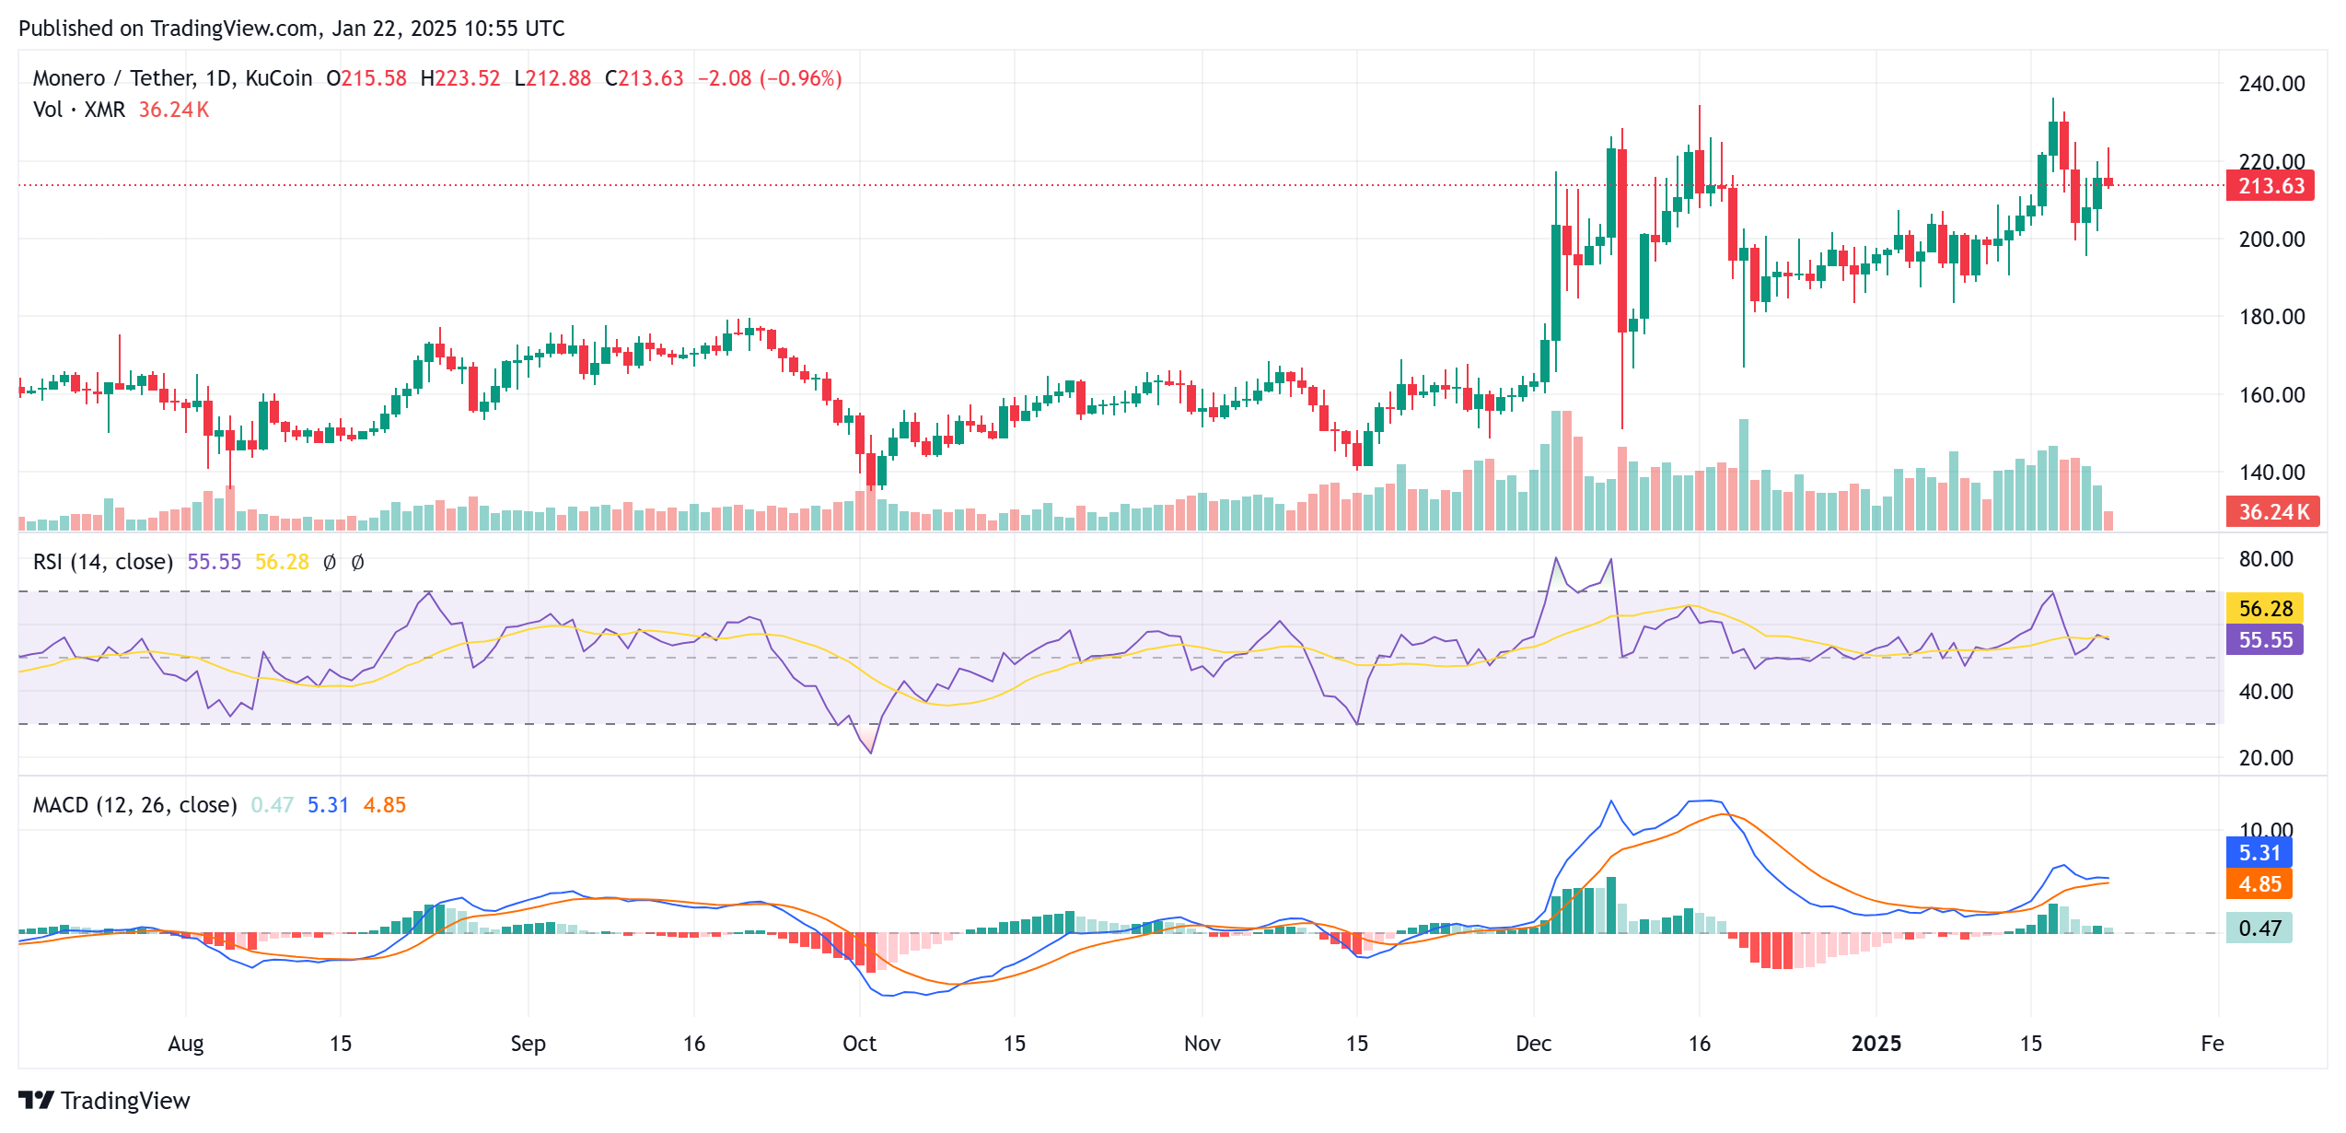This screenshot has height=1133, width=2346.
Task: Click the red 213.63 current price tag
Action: click(2270, 186)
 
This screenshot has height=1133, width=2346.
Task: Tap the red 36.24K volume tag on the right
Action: click(2271, 511)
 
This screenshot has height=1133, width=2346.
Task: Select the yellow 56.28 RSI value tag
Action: click(2264, 608)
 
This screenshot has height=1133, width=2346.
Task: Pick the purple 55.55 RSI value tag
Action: click(2264, 639)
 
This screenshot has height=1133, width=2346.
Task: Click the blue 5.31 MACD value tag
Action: click(2259, 853)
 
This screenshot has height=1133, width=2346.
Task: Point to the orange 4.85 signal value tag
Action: click(2259, 884)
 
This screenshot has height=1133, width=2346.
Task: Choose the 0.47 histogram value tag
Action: click(2259, 928)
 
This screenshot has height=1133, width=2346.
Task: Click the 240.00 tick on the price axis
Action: click(2271, 84)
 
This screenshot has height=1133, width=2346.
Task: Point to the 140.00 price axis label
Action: click(2271, 473)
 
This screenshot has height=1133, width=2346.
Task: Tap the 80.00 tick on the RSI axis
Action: click(2265, 559)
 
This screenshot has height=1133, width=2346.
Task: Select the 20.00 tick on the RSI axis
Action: click(2265, 758)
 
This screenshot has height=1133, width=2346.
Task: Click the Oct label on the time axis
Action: click(859, 1044)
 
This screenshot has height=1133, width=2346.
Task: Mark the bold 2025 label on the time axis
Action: click(1876, 1044)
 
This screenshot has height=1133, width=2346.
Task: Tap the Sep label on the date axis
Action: click(528, 1044)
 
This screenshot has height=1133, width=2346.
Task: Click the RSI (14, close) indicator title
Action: click(103, 562)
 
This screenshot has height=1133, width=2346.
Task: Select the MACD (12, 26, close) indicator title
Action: click(134, 805)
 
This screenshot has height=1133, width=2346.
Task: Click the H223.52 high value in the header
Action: click(459, 78)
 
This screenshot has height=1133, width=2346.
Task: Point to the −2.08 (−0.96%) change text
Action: click(769, 78)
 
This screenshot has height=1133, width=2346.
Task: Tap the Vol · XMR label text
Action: click(78, 110)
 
